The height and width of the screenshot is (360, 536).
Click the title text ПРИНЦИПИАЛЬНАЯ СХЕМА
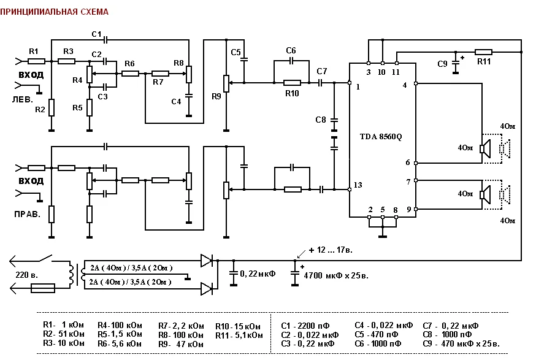point(55,12)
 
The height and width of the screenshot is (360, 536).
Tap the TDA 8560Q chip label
point(381,137)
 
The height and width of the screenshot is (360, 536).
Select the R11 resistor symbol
point(483,52)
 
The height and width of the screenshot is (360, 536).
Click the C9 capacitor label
point(442,64)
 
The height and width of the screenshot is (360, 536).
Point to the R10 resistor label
point(292,93)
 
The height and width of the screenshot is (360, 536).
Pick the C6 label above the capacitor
point(291,51)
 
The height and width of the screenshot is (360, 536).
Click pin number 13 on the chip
point(358,185)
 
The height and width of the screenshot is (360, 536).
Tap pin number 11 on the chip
point(396,72)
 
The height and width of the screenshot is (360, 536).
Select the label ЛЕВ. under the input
point(23,100)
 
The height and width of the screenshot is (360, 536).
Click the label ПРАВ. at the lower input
point(28,215)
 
